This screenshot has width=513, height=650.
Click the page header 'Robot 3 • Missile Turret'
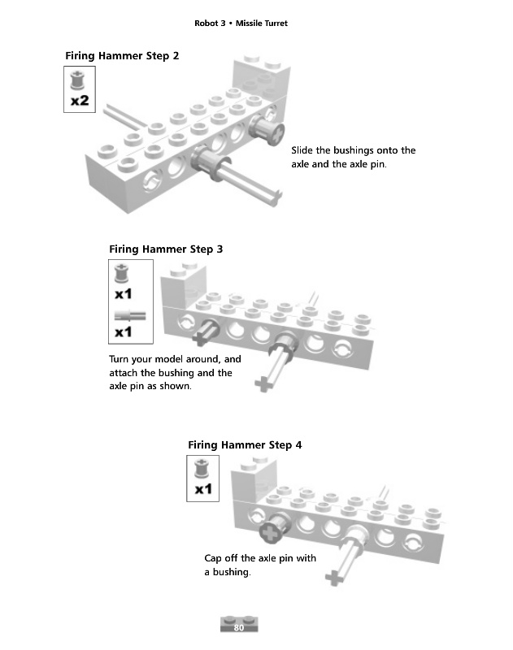pos(241,24)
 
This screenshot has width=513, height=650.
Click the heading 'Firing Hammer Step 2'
pos(122,56)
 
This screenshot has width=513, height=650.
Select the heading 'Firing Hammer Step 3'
pos(165,249)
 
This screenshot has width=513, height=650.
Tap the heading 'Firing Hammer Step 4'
pos(245,444)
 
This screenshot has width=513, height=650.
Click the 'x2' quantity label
pos(80,101)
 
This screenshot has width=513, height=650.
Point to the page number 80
pos(239,627)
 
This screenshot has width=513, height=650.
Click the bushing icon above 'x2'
pos(79,80)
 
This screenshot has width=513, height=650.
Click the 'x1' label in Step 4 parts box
pos(203,489)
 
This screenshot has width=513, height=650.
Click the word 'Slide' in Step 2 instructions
pos(303,150)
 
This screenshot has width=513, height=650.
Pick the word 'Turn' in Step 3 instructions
pos(121,358)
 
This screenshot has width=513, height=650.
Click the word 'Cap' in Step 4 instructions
pos(213,558)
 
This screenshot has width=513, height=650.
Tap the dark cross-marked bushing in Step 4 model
pos(271,532)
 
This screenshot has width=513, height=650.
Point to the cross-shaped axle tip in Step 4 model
pos(333,578)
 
